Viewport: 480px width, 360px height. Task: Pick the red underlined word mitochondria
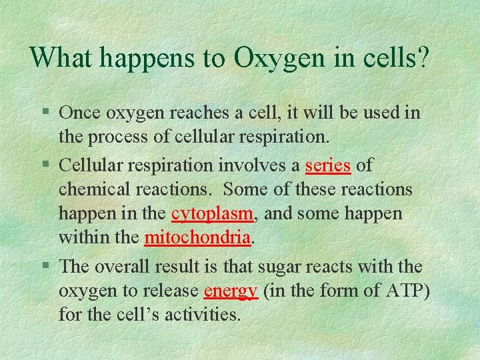click(x=197, y=237)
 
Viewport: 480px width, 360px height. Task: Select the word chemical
click(x=93, y=189)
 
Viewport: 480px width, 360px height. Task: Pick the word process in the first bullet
click(x=117, y=137)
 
